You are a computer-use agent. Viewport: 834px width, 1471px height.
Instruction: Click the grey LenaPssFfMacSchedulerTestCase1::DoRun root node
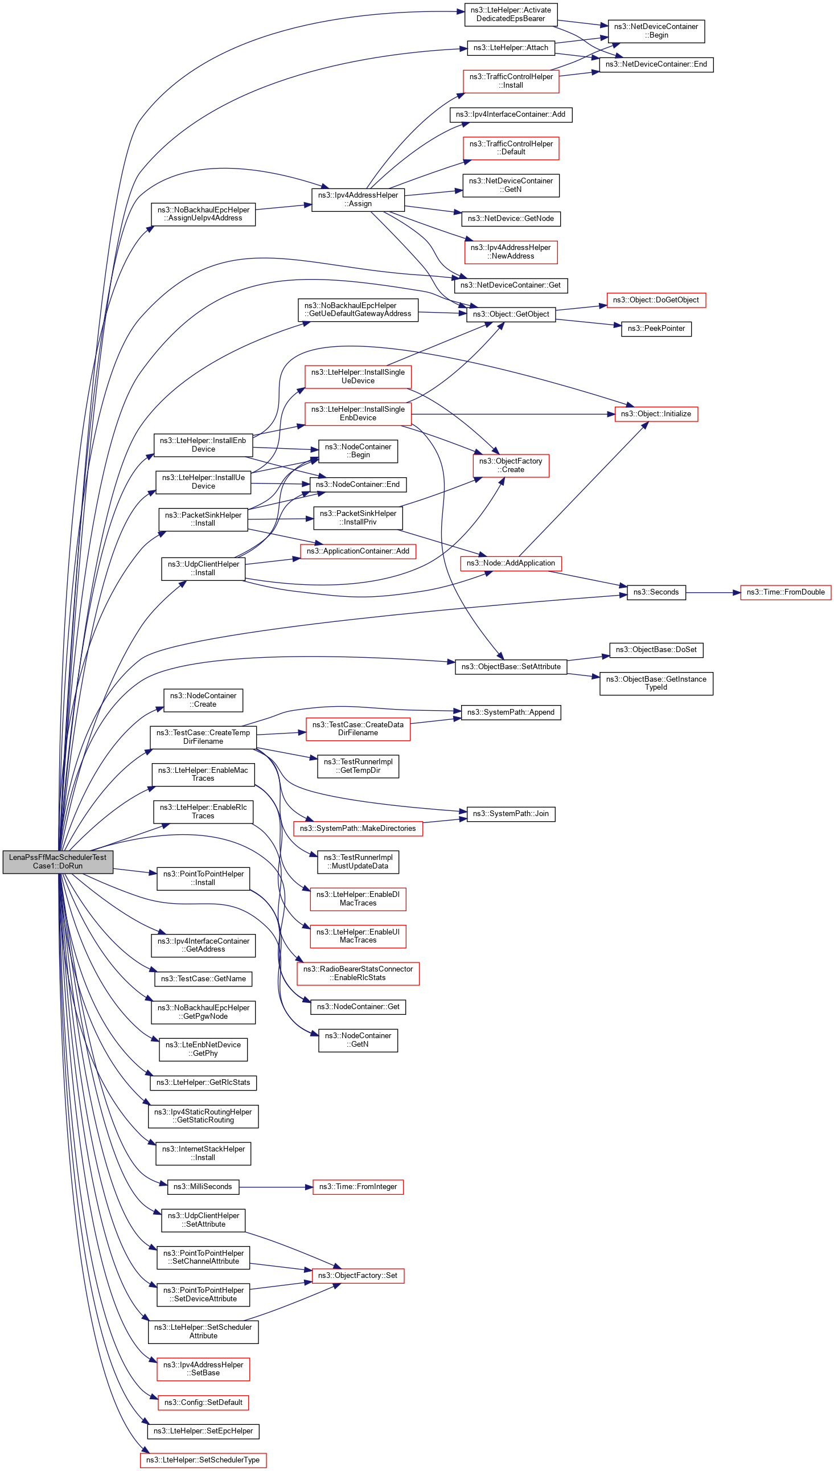58,862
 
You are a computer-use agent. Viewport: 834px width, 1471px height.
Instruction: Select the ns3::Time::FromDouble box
785,592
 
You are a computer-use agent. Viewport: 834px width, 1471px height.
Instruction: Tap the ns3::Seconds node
656,592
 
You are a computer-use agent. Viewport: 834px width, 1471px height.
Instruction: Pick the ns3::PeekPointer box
656,329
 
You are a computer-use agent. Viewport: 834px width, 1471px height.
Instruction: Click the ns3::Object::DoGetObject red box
656,300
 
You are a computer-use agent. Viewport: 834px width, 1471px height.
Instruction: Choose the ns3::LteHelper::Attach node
511,48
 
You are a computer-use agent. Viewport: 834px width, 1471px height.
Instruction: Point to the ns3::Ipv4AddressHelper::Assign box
358,199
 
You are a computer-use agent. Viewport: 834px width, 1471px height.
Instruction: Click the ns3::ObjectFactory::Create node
511,465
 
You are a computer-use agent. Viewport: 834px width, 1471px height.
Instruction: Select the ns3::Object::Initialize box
656,414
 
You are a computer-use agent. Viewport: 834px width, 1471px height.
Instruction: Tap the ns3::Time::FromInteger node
358,1187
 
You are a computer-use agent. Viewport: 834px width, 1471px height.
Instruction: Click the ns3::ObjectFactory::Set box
358,1276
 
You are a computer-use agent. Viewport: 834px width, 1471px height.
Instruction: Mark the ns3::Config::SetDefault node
203,1402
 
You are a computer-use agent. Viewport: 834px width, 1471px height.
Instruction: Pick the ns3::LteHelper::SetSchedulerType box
203,1460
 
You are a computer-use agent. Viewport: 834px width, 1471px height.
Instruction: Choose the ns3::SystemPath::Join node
511,814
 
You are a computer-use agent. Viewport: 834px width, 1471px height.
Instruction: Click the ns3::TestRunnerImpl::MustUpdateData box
358,862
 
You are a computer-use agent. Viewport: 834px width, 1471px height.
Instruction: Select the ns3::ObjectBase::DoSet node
656,650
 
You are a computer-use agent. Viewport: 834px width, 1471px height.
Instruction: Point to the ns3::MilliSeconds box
203,1187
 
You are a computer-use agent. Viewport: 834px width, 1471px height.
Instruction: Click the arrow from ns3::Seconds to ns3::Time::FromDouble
713,592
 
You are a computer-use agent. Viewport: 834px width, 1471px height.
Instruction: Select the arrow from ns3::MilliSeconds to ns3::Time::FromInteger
276,1187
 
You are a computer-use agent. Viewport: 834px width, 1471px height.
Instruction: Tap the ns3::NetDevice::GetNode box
511,219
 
